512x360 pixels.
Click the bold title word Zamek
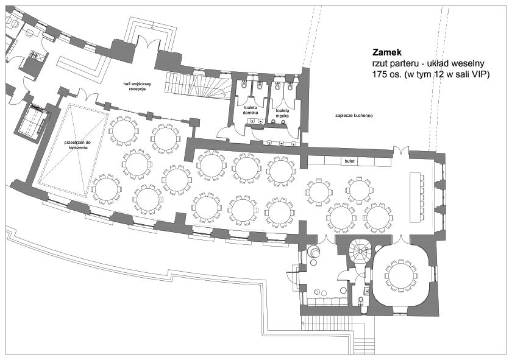coord(387,52)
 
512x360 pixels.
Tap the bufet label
coord(349,161)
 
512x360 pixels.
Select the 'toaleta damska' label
coord(251,110)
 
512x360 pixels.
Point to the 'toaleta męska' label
coord(282,113)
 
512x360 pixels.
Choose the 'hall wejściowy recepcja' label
coord(137,86)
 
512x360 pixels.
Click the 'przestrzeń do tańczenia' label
coord(77,145)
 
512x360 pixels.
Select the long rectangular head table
coord(414,197)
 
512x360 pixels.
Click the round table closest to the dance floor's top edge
coord(123,130)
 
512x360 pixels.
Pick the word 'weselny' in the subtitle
coord(471,63)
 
